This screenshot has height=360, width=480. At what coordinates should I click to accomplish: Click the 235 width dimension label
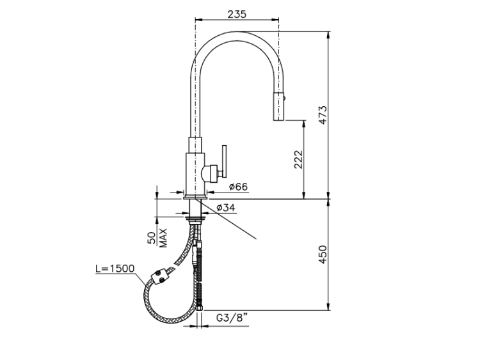237,14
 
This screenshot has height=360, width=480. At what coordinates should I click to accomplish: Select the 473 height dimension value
323,115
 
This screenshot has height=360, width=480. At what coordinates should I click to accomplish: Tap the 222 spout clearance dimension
298,159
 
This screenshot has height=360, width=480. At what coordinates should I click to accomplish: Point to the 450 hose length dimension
323,254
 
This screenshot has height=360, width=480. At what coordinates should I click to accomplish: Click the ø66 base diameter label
238,187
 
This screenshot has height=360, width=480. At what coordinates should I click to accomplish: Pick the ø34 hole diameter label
226,208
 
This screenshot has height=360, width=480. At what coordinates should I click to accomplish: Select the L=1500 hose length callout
115,268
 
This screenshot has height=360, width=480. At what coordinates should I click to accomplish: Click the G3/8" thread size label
232,318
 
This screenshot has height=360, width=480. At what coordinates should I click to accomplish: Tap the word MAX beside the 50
164,238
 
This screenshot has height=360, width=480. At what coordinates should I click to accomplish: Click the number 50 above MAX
152,238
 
